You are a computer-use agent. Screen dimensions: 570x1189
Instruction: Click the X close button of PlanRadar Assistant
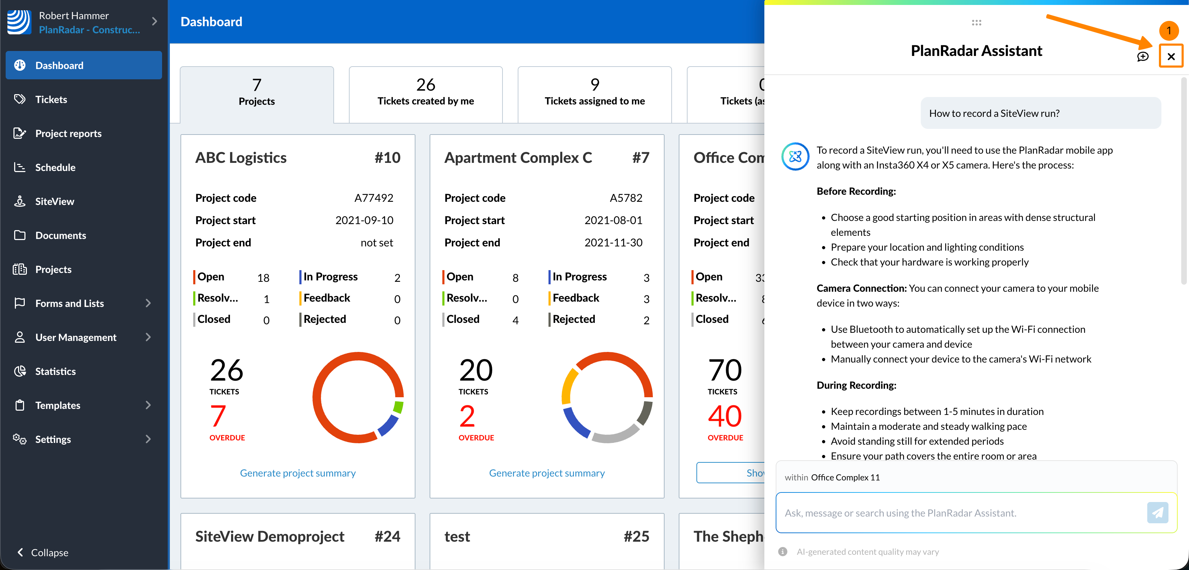[1171, 56]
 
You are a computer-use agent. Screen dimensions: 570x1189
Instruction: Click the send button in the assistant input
[1157, 512]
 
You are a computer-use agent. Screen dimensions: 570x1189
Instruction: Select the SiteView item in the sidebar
[54, 201]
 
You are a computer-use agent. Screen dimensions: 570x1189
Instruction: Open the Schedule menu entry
[55, 167]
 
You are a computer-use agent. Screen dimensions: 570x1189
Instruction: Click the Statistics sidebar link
[56, 371]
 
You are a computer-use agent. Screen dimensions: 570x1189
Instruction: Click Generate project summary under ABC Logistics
[298, 473]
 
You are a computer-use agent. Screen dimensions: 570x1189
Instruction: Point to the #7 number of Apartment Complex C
[640, 158]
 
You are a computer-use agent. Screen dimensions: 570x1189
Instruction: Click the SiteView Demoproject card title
[270, 537]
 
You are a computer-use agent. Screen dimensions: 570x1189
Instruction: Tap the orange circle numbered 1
[1169, 31]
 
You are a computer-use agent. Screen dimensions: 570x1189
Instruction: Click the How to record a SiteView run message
[994, 113]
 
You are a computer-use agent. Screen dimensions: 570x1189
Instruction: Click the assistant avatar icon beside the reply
[795, 156]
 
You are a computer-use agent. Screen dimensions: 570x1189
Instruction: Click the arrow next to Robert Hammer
[155, 22]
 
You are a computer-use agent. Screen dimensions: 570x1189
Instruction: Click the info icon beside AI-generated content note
[783, 552]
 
